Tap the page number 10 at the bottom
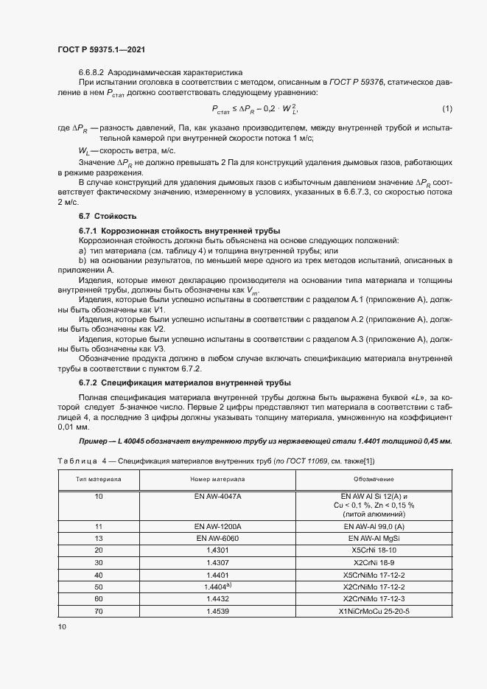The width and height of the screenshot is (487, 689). point(62,626)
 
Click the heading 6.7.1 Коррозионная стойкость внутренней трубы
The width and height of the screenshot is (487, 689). point(175,231)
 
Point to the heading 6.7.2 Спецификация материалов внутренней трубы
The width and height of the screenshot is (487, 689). point(184,382)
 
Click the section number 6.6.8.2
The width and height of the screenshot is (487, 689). point(91,73)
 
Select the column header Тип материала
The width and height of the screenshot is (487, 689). point(99,478)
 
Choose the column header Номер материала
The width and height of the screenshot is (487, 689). point(217,478)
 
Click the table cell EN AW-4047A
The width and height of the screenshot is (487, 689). point(217,497)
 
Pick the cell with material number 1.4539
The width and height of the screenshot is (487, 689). point(217,612)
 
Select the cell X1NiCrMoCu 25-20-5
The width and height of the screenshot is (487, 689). point(374,612)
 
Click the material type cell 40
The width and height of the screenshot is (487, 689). point(99,575)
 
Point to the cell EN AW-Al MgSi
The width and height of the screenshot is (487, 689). point(374,539)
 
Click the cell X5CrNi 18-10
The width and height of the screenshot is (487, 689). point(374,550)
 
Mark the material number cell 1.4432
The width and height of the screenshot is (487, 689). point(217,599)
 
